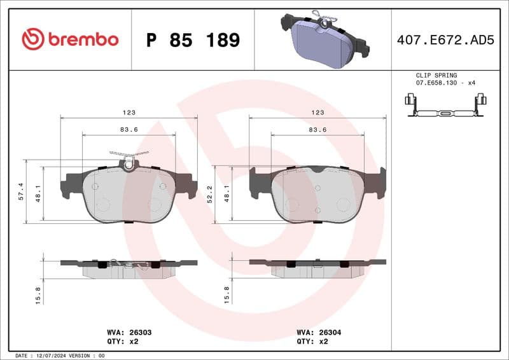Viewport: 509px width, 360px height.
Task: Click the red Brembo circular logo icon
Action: (32, 39)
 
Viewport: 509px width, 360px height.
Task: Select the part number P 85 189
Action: (193, 40)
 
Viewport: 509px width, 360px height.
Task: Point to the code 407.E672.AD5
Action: (445, 40)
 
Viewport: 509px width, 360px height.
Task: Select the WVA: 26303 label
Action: (129, 332)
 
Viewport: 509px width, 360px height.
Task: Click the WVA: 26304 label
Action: (319, 332)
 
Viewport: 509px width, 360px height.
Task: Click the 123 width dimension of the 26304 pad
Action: (318, 112)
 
